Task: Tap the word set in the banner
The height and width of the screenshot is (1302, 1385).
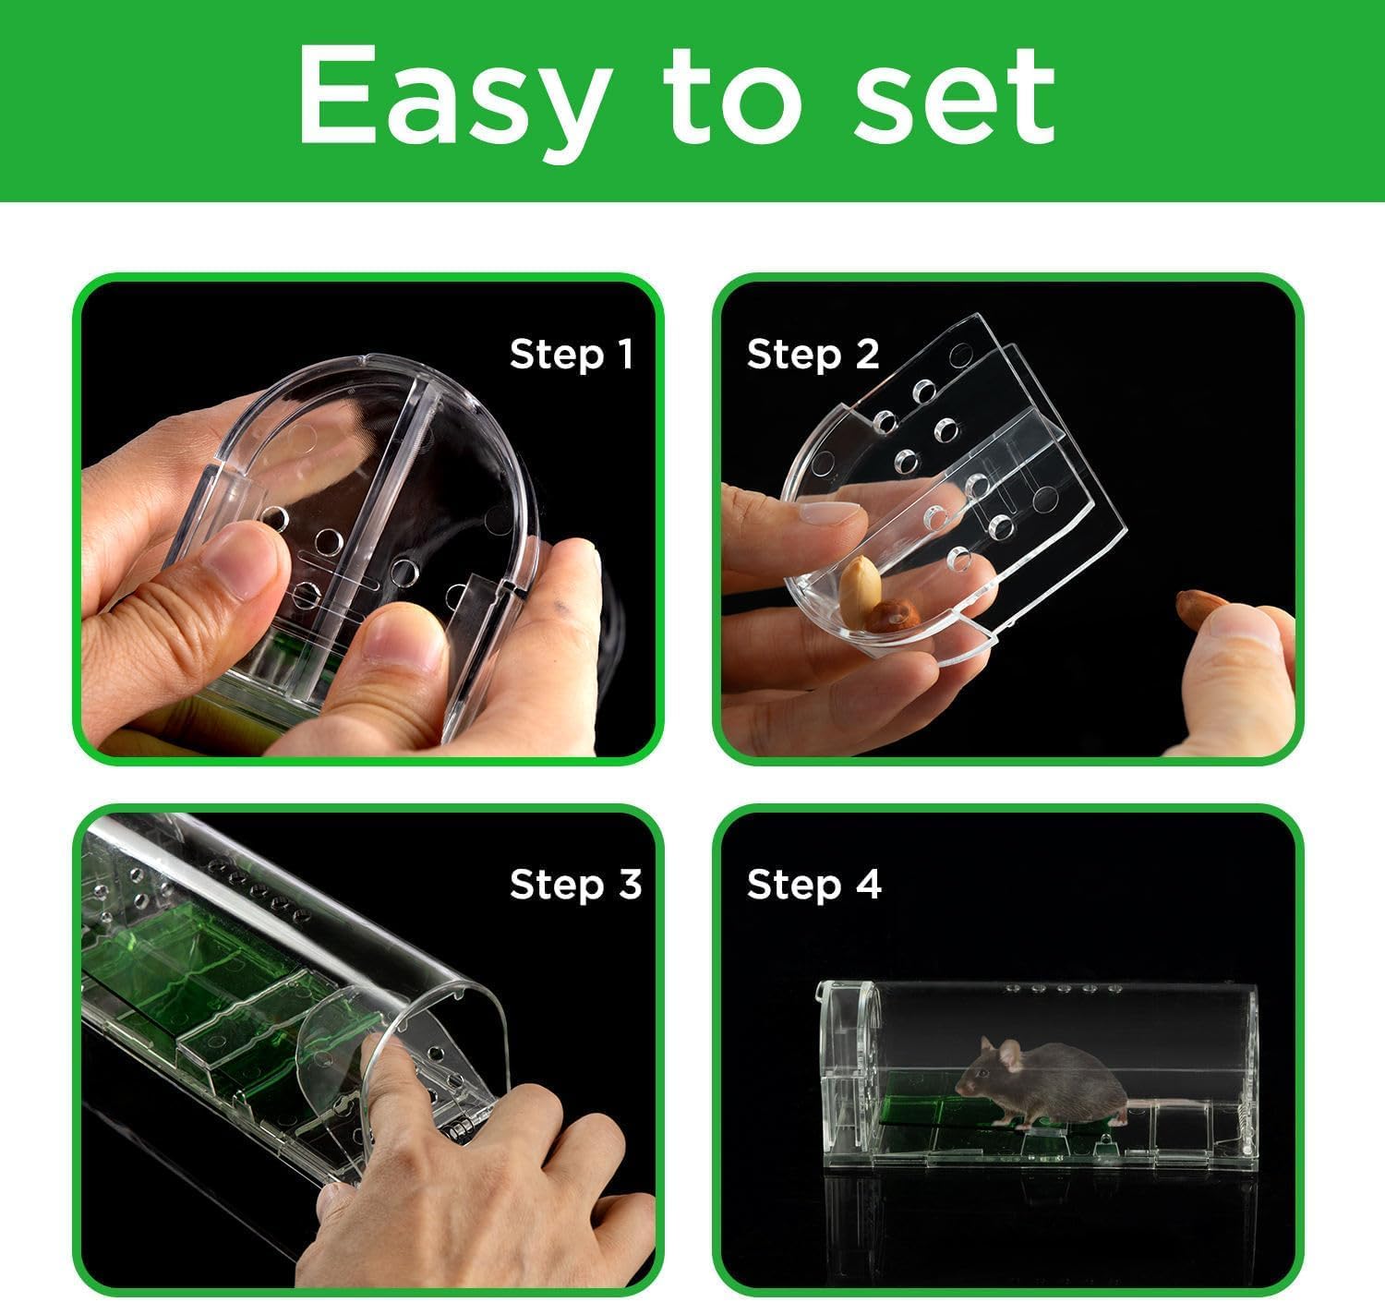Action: pyautogui.click(x=955, y=97)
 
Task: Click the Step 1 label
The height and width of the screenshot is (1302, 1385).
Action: pyautogui.click(x=572, y=355)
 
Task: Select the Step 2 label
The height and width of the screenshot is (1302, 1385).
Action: pyautogui.click(x=813, y=355)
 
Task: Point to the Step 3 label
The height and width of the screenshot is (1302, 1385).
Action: pyautogui.click(x=575, y=885)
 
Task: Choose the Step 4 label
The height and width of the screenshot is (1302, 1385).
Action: pyautogui.click(x=813, y=885)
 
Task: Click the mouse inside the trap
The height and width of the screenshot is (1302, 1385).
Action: pyautogui.click(x=1042, y=1080)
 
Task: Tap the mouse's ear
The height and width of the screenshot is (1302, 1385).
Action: pyautogui.click(x=1009, y=1056)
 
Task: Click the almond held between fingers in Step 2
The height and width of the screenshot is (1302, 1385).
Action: pyautogui.click(x=1201, y=608)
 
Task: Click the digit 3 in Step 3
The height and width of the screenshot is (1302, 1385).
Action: pyautogui.click(x=630, y=884)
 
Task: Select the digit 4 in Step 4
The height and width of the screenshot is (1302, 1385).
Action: pyautogui.click(x=868, y=884)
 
